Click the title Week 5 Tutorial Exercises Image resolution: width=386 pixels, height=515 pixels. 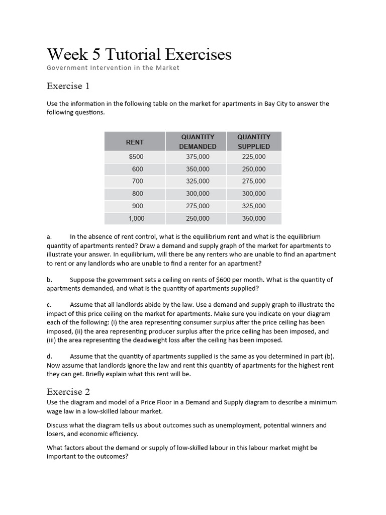139,54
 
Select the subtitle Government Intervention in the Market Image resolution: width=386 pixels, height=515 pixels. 113,68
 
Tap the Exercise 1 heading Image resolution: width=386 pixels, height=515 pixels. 68,86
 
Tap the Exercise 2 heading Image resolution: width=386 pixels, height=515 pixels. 68,391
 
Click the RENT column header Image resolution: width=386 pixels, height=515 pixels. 135,142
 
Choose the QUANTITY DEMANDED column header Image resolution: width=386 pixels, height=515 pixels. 198,141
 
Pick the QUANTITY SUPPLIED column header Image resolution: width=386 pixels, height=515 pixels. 254,141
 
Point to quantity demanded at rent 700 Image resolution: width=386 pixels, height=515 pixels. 198,181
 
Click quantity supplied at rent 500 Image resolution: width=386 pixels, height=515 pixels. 254,157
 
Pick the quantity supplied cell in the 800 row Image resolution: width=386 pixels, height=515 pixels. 254,194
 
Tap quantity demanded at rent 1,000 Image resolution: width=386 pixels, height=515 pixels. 198,218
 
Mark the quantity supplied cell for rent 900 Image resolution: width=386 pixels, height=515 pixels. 254,206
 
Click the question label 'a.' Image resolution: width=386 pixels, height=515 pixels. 49,236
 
